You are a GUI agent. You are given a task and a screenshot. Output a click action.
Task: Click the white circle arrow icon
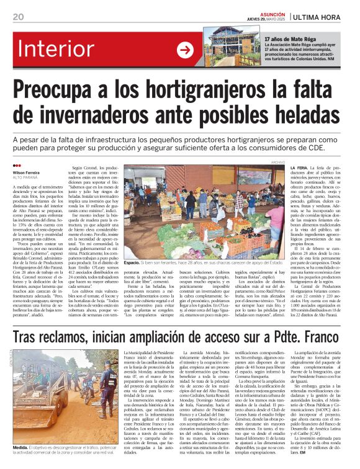pos(185,50)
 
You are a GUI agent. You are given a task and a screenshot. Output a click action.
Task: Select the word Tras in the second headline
pos(29,337)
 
